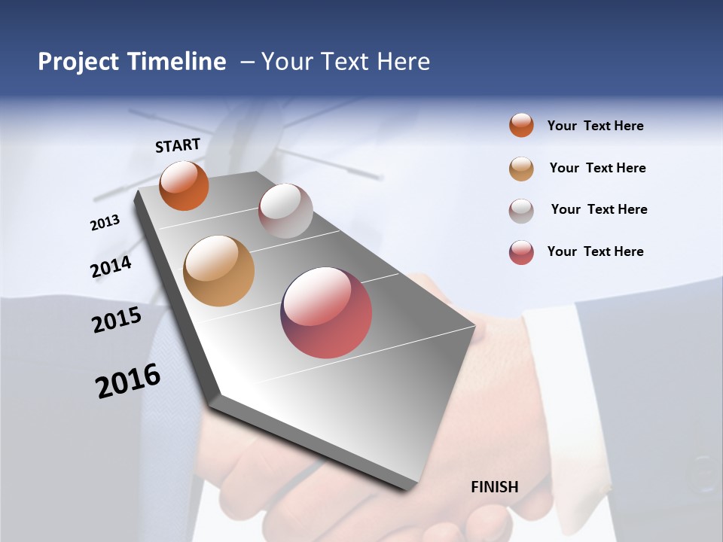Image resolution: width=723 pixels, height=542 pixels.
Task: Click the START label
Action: [x=178, y=145]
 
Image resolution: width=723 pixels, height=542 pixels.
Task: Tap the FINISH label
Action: [x=494, y=486]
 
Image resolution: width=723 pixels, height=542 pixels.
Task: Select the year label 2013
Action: [x=105, y=223]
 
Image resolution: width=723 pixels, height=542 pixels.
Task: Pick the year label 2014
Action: [x=111, y=266]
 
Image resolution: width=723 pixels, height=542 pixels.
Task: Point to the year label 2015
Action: [x=117, y=321]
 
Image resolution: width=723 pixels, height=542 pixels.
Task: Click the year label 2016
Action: [x=128, y=381]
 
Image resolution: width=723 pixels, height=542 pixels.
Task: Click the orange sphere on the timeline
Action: [x=184, y=186]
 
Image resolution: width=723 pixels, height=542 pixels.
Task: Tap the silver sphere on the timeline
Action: [x=285, y=211]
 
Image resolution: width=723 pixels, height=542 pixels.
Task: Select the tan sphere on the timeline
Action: [x=218, y=271]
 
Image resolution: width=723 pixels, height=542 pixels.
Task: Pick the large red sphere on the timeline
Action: [x=326, y=312]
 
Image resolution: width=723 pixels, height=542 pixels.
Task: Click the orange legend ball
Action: [x=521, y=126]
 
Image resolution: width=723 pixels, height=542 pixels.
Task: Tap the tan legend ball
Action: [x=521, y=169]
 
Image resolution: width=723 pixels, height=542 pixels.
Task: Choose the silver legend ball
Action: [x=521, y=211]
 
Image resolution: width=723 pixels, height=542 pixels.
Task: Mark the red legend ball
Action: [x=521, y=252]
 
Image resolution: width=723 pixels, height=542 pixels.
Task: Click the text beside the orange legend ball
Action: [x=595, y=126]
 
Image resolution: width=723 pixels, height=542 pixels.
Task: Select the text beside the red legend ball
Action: [x=595, y=251]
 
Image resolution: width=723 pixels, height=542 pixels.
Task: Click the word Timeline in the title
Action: [x=177, y=62]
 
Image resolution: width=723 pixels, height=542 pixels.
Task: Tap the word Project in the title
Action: [x=78, y=62]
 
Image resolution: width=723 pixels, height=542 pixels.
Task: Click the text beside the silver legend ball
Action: [x=599, y=209]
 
